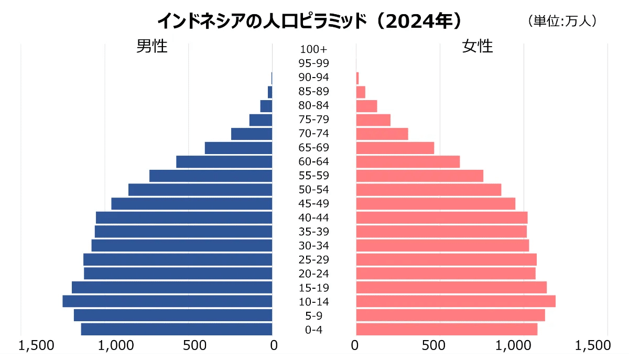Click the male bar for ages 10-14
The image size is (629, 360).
click(x=167, y=301)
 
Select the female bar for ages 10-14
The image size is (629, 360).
click(x=456, y=301)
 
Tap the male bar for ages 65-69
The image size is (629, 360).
click(x=238, y=148)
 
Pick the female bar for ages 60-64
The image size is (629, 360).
click(x=408, y=161)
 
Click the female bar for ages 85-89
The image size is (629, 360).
click(x=361, y=92)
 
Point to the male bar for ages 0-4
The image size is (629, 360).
click(x=177, y=329)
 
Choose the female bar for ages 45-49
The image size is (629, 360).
click(x=436, y=203)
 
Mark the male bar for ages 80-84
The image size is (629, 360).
click(x=266, y=106)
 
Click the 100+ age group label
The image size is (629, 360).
click(x=314, y=50)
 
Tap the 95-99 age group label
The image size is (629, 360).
click(x=314, y=63)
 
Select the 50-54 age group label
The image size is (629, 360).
click(x=314, y=190)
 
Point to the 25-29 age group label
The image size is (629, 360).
click(x=314, y=259)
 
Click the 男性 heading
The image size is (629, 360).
click(x=152, y=46)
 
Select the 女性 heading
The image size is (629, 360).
click(x=478, y=46)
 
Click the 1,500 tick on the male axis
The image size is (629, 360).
click(x=36, y=345)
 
